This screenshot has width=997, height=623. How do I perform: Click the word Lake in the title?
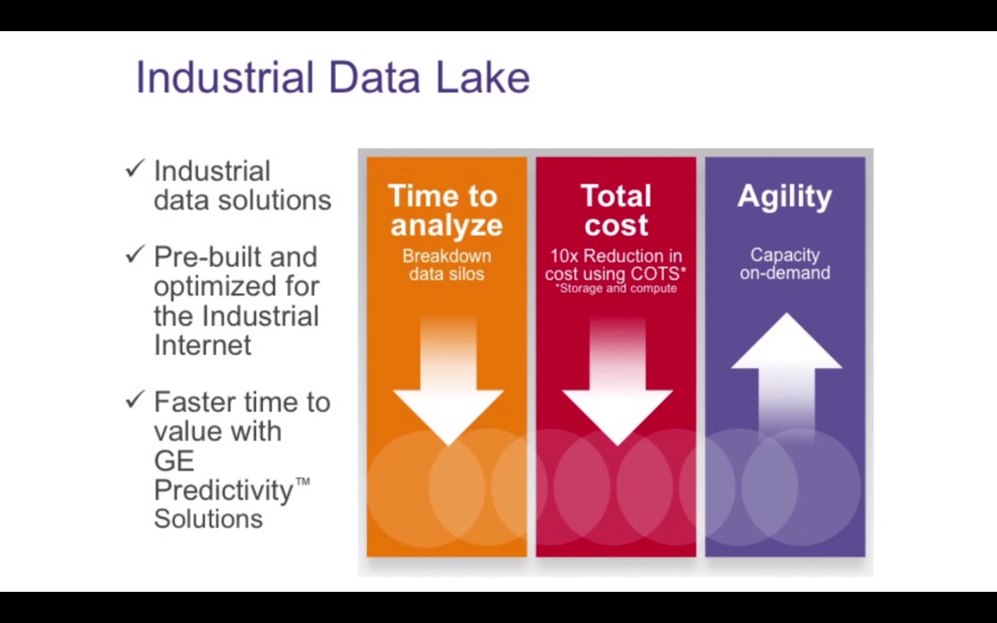(483, 78)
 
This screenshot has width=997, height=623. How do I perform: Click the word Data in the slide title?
(375, 78)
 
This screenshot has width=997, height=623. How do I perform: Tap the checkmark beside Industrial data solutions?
(135, 169)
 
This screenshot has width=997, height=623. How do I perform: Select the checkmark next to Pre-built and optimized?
(135, 254)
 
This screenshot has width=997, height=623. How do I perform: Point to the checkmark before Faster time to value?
(135, 399)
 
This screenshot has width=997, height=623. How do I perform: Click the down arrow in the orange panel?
(448, 381)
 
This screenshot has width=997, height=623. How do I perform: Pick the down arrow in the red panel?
(618, 381)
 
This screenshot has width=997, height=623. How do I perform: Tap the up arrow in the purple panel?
(787, 378)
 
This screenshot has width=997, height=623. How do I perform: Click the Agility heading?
(784, 197)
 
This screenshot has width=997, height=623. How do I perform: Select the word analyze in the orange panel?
(447, 225)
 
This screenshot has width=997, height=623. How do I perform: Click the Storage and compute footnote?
(616, 289)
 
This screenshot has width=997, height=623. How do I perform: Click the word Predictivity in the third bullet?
(224, 491)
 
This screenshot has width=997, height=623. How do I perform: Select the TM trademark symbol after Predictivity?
(303, 482)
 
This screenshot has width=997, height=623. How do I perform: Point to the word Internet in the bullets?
(202, 345)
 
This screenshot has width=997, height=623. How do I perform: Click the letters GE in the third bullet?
(174, 460)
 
